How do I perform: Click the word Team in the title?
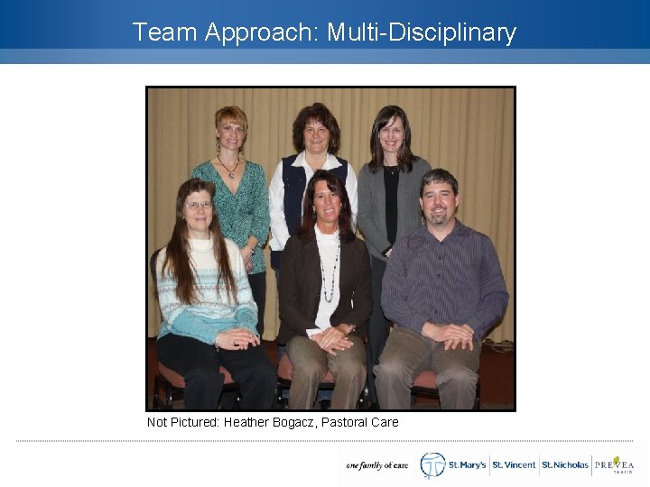(x=165, y=32)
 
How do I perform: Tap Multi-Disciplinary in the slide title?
(x=422, y=33)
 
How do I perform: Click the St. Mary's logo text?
(x=468, y=465)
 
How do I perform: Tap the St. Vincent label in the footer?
(x=514, y=465)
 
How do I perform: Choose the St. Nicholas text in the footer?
(x=564, y=465)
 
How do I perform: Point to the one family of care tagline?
(x=376, y=465)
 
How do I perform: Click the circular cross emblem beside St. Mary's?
(x=432, y=464)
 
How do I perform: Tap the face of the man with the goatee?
(x=438, y=202)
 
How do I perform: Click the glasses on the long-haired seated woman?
(x=199, y=206)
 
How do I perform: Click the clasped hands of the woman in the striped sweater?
(x=237, y=338)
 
